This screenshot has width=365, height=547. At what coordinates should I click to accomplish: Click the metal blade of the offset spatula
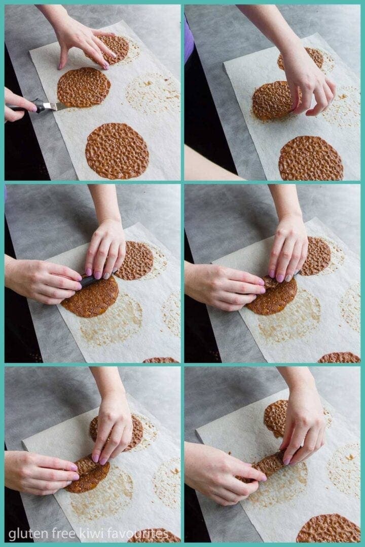tap(56, 106)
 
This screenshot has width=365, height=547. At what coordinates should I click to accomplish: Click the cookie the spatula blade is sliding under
tap(84, 87)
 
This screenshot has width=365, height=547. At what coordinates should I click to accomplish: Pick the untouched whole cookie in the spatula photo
tap(117, 151)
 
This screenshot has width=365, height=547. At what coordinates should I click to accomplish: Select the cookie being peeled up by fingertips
tap(276, 100)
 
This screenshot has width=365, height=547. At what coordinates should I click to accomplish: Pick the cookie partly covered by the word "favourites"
tap(154, 535)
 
